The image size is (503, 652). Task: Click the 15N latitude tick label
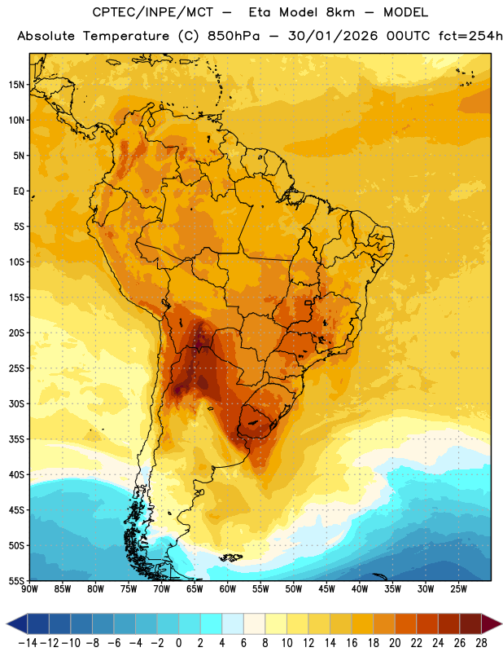point(16,85)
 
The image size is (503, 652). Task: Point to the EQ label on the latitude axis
point(19,192)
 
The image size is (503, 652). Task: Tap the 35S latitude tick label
point(16,439)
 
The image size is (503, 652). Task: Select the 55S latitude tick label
point(16,580)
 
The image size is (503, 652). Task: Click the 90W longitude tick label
point(29,588)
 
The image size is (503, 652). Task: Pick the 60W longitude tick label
point(228,588)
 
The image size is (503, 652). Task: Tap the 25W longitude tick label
point(458,588)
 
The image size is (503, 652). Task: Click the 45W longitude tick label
point(326,588)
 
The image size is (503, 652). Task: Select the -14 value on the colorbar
point(28,643)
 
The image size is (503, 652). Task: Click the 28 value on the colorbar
point(481,643)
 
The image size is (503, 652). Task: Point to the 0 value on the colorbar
point(178,643)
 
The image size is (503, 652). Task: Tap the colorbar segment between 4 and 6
point(233,623)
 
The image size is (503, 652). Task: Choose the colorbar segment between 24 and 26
point(448,623)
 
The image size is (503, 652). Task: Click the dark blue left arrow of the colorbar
point(17,623)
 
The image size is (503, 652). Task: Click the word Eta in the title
point(260,12)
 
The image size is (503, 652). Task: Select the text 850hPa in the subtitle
point(234,36)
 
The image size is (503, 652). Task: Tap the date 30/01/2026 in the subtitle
point(333,36)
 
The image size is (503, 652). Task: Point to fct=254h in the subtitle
point(470,36)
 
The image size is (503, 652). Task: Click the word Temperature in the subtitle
point(126,36)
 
